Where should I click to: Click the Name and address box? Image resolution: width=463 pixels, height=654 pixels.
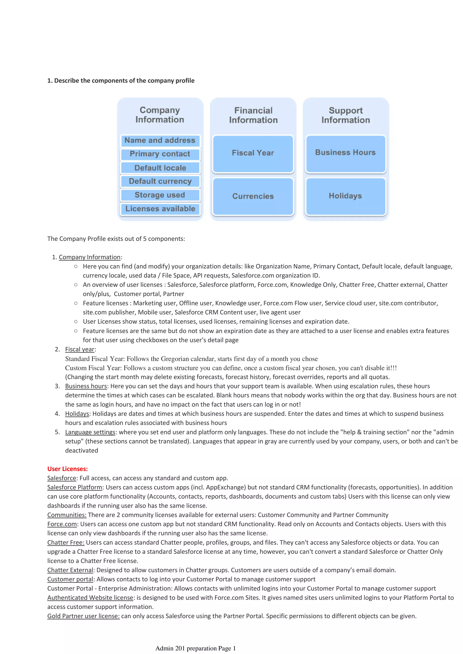tap(160, 140)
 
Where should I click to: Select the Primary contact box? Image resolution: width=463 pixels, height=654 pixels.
tap(160, 154)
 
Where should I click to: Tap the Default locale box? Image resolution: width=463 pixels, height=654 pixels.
tap(160, 168)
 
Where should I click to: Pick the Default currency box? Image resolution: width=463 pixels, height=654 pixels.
tap(160, 181)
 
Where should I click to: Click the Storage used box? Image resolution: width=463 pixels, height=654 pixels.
tap(160, 195)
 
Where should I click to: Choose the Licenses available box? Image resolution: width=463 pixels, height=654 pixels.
tap(160, 209)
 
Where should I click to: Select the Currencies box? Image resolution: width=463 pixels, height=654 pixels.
tap(253, 196)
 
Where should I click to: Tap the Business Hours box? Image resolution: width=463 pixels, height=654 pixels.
tap(345, 153)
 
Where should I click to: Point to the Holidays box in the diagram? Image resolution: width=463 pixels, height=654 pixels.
tap(345, 196)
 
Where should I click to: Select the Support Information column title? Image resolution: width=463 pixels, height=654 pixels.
tap(346, 115)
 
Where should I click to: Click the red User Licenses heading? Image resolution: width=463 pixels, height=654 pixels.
tap(68, 469)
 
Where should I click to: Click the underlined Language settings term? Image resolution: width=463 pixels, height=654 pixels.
tap(90, 432)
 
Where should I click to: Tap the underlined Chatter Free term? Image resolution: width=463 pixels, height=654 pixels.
tap(66, 542)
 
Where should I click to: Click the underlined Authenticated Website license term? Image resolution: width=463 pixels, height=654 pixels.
tap(90, 598)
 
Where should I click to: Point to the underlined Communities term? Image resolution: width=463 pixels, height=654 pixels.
tap(67, 515)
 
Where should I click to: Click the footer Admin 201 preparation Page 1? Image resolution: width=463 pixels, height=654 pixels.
tap(195, 648)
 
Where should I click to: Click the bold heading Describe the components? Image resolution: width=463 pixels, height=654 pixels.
tap(121, 81)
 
